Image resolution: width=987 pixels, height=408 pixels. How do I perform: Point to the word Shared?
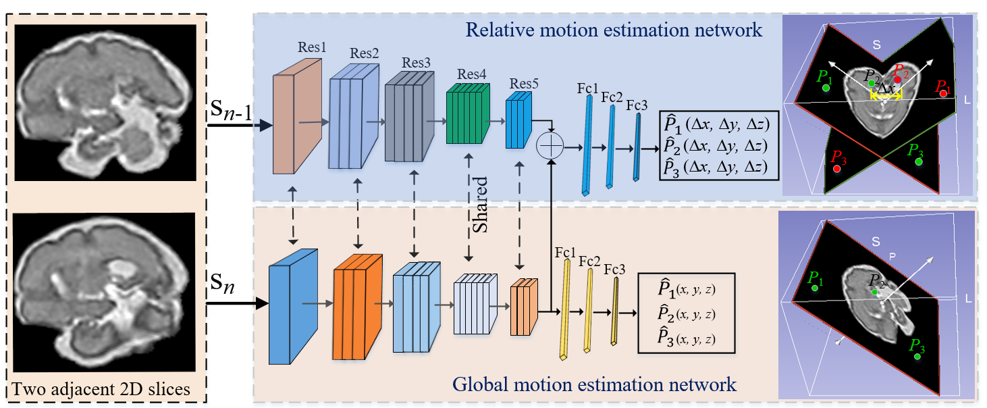pos(480,205)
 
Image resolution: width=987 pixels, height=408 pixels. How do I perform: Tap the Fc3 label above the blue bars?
pos(636,105)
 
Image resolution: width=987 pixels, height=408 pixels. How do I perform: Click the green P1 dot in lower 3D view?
pos(816,288)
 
